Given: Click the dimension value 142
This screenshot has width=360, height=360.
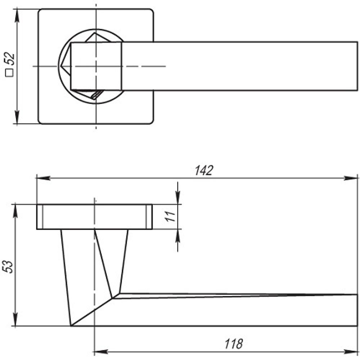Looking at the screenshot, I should (x=204, y=171).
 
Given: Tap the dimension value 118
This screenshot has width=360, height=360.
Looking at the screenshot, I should (x=234, y=344).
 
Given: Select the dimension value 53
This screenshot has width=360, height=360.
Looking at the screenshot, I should (x=10, y=266).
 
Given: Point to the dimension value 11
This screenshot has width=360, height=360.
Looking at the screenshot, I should (x=171, y=216).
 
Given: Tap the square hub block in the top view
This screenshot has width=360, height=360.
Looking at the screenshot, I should (x=96, y=66).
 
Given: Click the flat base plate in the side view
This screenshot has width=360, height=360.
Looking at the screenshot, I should (x=94, y=217).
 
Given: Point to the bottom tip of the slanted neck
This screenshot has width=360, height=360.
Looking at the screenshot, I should (x=71, y=325).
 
